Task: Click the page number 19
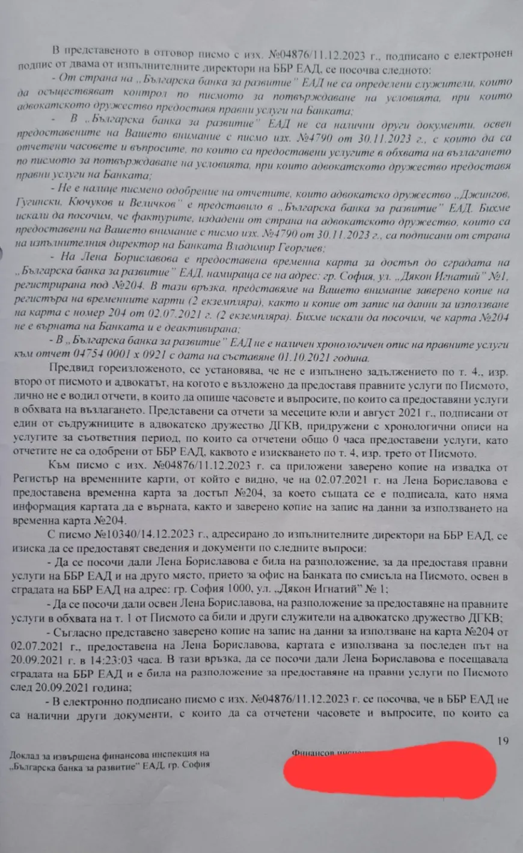[503, 741]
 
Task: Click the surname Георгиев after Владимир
[339, 246]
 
